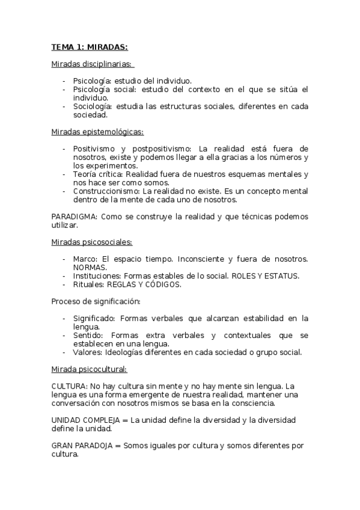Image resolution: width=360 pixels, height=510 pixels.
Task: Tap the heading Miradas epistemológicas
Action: [x=97, y=131]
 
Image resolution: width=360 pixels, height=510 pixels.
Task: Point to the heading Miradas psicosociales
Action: [x=92, y=242]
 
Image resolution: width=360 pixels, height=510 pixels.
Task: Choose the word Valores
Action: [x=88, y=352]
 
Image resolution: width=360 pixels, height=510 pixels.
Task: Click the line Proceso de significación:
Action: [x=96, y=301]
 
